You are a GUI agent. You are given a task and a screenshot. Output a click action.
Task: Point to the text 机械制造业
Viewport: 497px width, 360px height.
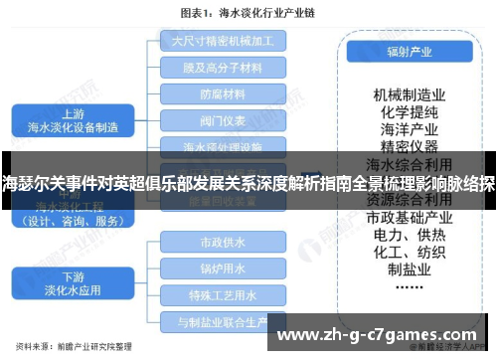click(x=409, y=93)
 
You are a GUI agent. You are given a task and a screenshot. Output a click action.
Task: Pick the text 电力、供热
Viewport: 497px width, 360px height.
click(x=409, y=235)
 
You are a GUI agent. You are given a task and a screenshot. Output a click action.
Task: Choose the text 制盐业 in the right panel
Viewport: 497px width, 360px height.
click(x=409, y=270)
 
